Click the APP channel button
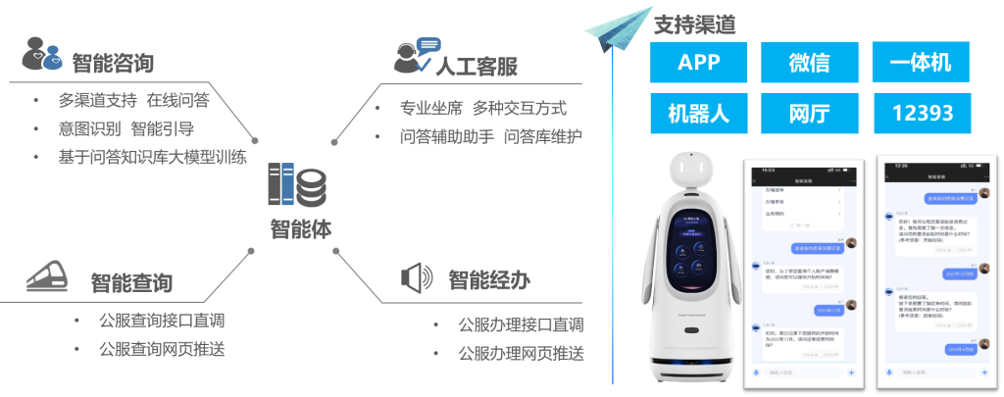[698, 64]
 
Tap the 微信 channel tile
[809, 64]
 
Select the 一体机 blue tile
[920, 64]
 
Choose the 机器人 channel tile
[698, 113]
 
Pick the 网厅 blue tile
[809, 113]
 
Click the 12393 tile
[920, 113]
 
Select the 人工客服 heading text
[476, 66]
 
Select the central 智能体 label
[301, 228]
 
